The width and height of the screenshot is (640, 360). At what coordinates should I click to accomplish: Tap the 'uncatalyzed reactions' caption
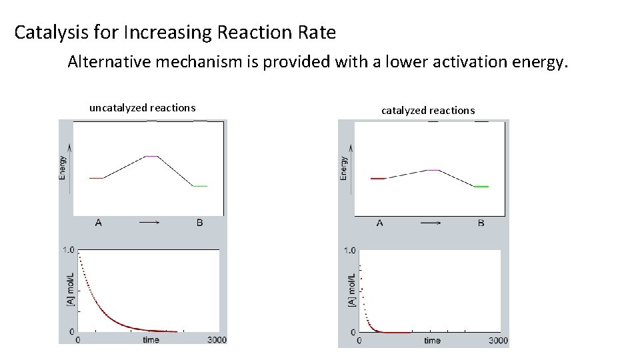(x=142, y=107)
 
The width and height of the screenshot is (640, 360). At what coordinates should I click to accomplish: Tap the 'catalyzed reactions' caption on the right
(x=428, y=110)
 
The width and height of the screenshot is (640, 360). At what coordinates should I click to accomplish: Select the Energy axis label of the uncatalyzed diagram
(x=63, y=167)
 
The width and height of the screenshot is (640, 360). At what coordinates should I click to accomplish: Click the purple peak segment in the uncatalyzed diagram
(x=152, y=157)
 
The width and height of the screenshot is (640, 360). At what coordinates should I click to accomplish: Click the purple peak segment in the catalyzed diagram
(x=433, y=171)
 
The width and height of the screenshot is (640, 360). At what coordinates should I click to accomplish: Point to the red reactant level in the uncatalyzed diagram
(x=96, y=178)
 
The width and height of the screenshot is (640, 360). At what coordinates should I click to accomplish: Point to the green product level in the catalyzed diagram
(x=481, y=187)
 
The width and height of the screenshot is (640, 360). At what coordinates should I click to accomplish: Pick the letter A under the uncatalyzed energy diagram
(x=99, y=223)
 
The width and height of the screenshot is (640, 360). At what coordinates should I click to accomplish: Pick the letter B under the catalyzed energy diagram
(x=481, y=223)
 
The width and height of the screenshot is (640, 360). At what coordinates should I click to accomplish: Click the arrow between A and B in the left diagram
(x=149, y=223)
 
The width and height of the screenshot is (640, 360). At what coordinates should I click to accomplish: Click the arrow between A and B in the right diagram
(x=431, y=223)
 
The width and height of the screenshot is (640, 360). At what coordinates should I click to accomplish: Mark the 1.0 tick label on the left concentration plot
(x=68, y=251)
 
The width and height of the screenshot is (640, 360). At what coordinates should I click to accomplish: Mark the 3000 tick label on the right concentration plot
(x=498, y=341)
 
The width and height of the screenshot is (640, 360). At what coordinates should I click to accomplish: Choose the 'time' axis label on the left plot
(x=151, y=340)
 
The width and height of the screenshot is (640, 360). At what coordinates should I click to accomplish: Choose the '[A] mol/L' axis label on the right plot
(x=351, y=291)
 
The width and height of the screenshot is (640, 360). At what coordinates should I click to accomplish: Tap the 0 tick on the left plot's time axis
(x=79, y=340)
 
